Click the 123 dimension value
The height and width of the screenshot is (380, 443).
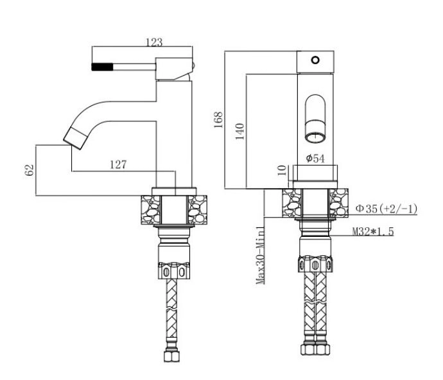[154, 42]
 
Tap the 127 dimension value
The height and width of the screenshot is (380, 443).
[118, 164]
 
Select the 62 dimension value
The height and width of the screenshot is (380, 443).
[30, 170]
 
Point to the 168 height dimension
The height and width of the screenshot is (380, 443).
[218, 120]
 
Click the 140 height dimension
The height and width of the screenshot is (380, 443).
[239, 132]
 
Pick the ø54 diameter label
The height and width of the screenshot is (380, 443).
[315, 159]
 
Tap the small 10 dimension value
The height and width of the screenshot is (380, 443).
[282, 170]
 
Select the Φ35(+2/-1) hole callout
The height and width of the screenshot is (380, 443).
[387, 209]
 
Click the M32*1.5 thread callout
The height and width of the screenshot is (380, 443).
[373, 231]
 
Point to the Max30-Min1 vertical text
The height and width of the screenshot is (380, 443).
[260, 255]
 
